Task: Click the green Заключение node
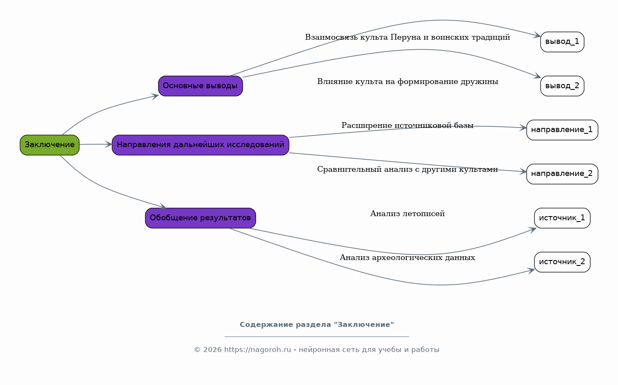50,145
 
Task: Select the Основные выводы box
200,86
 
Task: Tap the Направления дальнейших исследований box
200,145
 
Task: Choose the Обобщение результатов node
200,218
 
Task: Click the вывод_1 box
562,42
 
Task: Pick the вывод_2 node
562,86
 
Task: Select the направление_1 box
562,130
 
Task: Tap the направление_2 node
562,174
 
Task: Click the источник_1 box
562,218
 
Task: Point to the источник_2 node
562,262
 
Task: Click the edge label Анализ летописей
407,214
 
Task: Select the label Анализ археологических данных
407,258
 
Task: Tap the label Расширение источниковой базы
407,125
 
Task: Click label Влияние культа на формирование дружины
408,82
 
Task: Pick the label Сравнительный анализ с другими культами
408,169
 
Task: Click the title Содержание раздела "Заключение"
317,325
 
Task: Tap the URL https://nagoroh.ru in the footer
257,350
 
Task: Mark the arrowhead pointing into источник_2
531,270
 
